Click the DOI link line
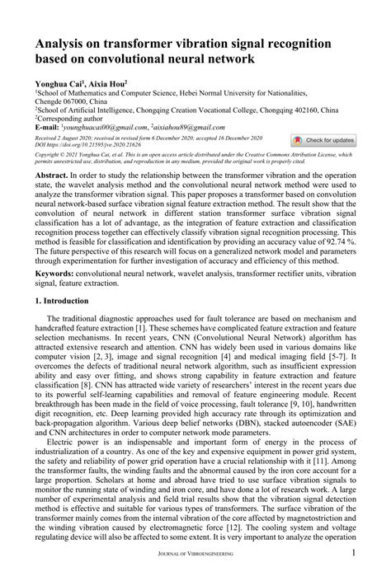click(x=82, y=144)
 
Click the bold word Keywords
click(x=54, y=273)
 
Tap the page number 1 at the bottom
click(x=353, y=576)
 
